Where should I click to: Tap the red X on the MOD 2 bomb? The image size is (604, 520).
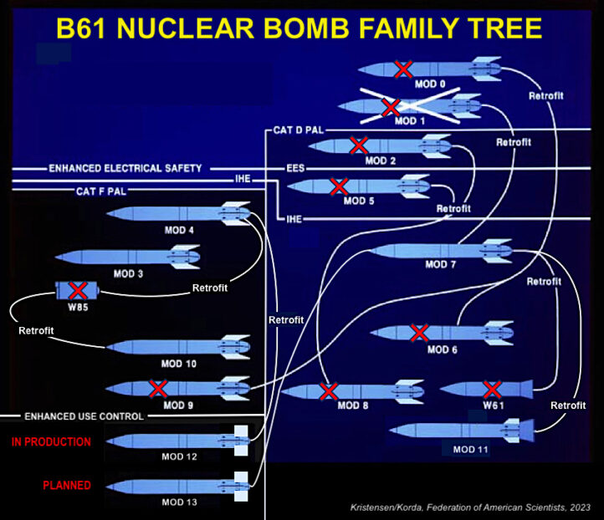pos(359,145)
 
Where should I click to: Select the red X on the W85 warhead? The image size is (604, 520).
pos(78,290)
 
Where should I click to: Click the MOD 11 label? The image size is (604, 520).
pos(470,450)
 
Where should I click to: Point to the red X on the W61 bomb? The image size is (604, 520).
pos(493,389)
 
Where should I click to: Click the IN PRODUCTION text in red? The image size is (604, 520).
pos(51,442)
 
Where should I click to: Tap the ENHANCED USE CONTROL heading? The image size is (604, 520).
pos(84,415)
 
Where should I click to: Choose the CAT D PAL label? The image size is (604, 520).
pos(299,131)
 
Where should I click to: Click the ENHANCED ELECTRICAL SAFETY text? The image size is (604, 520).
pos(125,168)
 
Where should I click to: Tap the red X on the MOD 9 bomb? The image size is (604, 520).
pos(156,388)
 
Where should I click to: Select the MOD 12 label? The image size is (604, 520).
pos(178,456)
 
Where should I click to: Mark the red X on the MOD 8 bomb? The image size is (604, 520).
pos(329,390)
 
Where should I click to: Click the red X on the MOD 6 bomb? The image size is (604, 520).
pos(418,333)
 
